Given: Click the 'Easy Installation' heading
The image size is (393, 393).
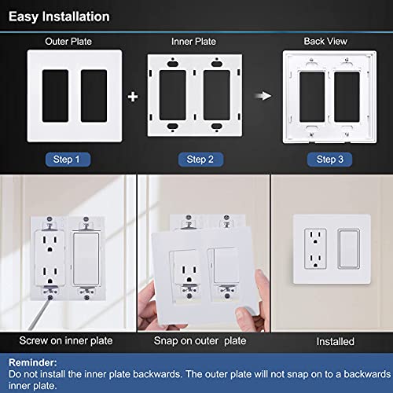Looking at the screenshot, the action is pos(59,17).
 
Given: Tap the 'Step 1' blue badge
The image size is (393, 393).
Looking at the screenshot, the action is pos(68,160).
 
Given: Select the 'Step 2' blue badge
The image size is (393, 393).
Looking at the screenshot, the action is pos(200,160).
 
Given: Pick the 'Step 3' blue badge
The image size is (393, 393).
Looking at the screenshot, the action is pos(329,160).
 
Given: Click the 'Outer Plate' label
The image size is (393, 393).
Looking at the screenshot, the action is pos(68,42).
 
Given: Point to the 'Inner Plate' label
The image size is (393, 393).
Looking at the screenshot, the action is pos(193,42).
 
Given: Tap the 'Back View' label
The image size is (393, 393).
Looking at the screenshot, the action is pos(325,41).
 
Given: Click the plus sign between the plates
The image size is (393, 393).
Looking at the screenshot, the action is pos(133,97).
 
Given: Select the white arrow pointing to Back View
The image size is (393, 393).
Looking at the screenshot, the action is pos(263,96).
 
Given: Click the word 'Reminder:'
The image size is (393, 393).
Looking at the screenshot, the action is pos(33,362).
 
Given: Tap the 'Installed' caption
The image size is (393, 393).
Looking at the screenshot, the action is pos(336,341).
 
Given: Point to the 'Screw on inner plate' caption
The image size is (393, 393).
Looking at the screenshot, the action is pos(66,341).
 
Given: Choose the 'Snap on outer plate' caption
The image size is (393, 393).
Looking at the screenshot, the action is pos(200,341).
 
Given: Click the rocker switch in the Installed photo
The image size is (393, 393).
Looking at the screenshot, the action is pos(349,249).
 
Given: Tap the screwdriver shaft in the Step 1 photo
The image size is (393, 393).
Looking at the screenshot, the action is pos(39,314).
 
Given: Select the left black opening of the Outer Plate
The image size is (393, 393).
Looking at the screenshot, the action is pos(56,96).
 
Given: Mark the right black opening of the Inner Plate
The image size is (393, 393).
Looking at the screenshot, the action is pos(217,95).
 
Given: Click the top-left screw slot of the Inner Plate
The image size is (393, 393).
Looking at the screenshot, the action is pos(172,64).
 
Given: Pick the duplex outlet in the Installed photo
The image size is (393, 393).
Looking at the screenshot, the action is pos(315,249).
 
